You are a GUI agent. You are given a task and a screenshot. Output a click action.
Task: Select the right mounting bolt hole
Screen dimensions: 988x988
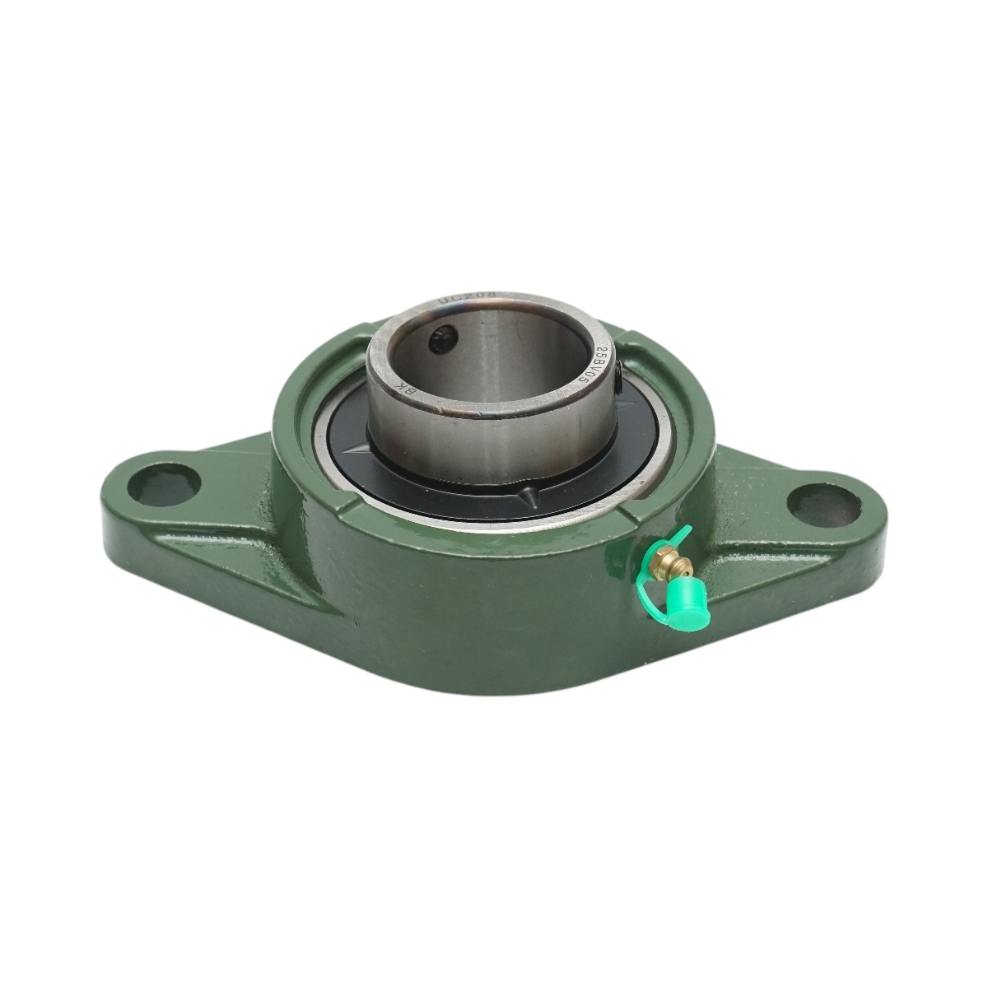817,501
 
